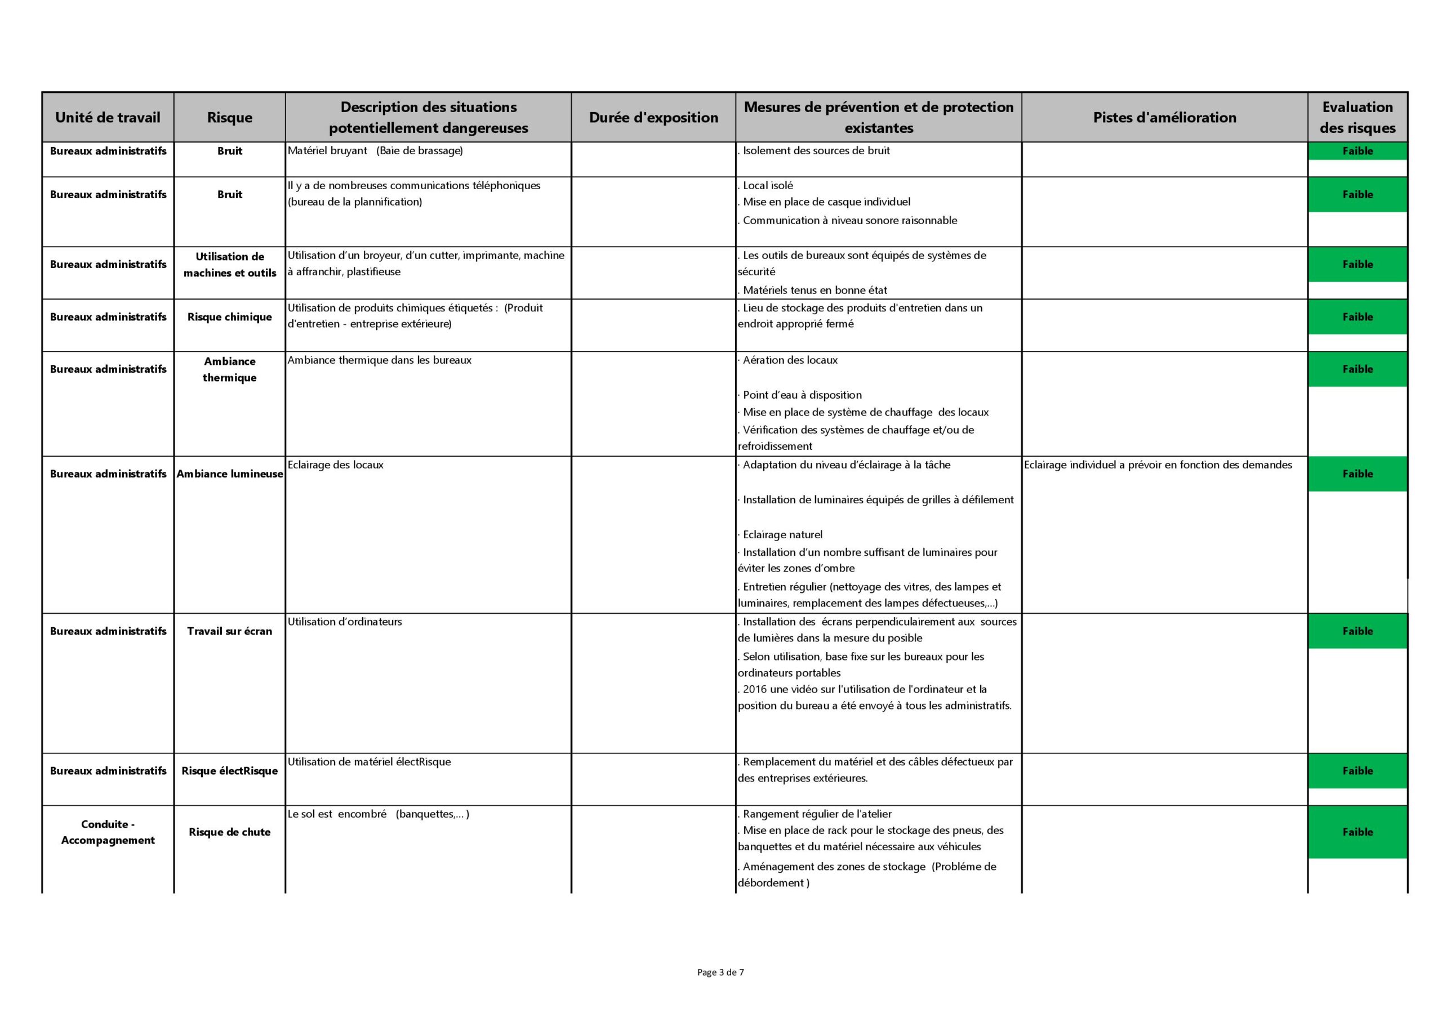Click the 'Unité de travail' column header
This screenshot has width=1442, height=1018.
tap(108, 117)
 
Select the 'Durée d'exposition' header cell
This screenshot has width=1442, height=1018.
tap(653, 117)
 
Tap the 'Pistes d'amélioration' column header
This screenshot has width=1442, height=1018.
tap(1164, 117)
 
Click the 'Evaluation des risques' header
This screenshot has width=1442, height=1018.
tap(1357, 117)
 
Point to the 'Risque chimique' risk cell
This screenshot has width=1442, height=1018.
tap(229, 317)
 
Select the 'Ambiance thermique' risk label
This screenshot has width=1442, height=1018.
tap(229, 369)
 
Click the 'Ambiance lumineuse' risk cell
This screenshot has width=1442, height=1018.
tap(229, 474)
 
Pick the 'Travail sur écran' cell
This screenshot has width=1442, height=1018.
tap(229, 631)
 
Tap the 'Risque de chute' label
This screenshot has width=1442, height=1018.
tap(229, 832)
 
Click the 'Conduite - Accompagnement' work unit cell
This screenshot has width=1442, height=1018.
tap(108, 832)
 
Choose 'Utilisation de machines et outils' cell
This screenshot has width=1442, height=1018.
tap(229, 264)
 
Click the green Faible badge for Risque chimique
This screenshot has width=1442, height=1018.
tap(1357, 317)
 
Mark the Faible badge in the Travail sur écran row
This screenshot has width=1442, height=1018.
tap(1357, 631)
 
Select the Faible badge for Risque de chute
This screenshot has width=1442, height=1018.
tap(1357, 832)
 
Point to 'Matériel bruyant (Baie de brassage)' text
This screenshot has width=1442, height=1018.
tap(375, 151)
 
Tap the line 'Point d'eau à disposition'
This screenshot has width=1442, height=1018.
tap(802, 395)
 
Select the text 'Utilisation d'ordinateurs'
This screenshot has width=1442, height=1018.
tap(345, 622)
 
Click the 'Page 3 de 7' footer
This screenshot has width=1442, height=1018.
tap(720, 972)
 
